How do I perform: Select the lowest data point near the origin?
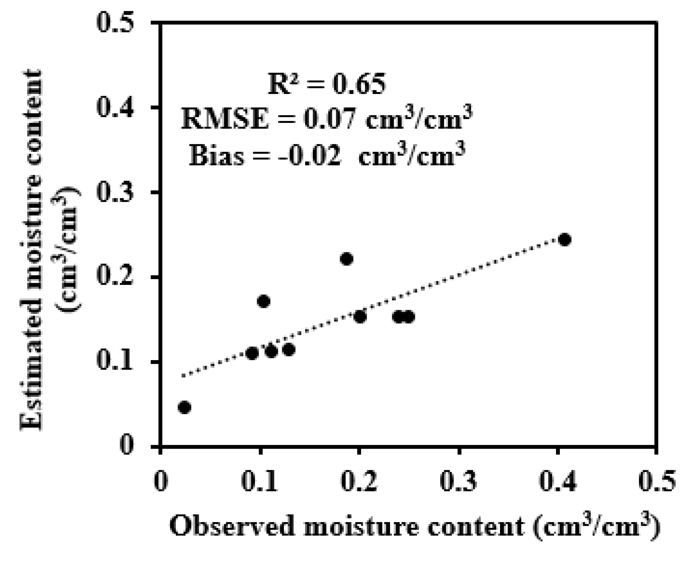(184, 407)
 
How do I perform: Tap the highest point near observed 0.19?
(347, 259)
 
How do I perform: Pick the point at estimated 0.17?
(264, 301)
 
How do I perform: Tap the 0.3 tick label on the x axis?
(459, 481)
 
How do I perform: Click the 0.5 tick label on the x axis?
(657, 481)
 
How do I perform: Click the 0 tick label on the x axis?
(160, 481)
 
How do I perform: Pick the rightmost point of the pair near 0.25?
(409, 317)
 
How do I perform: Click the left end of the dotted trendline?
(183, 376)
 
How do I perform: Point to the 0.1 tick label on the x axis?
(260, 481)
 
